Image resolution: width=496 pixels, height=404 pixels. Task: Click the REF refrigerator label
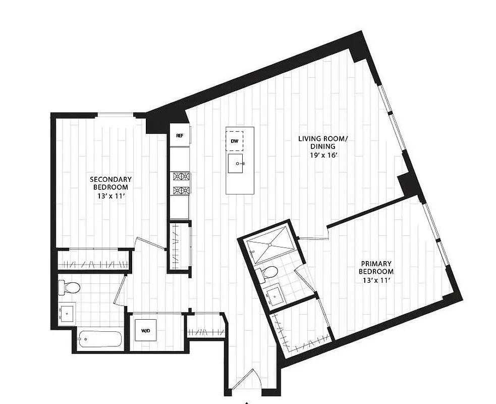[x=179, y=136]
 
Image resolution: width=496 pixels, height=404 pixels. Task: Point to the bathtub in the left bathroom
[x=99, y=339]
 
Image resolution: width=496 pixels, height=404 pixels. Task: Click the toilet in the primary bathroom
[x=268, y=273]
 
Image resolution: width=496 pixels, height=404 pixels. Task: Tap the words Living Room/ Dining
[x=322, y=142]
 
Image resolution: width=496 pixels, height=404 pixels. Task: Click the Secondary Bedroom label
[x=111, y=183]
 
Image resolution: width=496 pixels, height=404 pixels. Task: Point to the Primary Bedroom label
[x=377, y=267]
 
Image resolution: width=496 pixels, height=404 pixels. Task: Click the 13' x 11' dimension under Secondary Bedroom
[x=111, y=196]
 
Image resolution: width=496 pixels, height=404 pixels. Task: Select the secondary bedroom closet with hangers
[x=94, y=262]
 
